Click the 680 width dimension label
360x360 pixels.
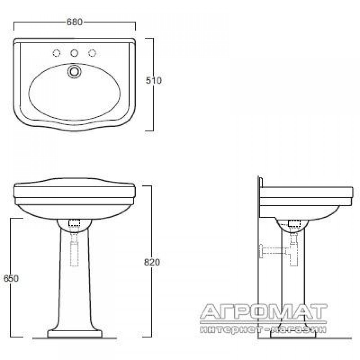click(75, 22)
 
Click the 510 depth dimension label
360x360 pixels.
click(154, 80)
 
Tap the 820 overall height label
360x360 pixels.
click(152, 262)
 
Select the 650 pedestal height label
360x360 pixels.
click(11, 278)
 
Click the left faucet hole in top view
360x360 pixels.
click(57, 53)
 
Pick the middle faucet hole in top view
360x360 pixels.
click(74, 53)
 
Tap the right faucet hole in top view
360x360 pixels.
click(92, 53)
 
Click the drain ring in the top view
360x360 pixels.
click(75, 71)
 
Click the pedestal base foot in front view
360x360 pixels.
click(75, 334)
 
